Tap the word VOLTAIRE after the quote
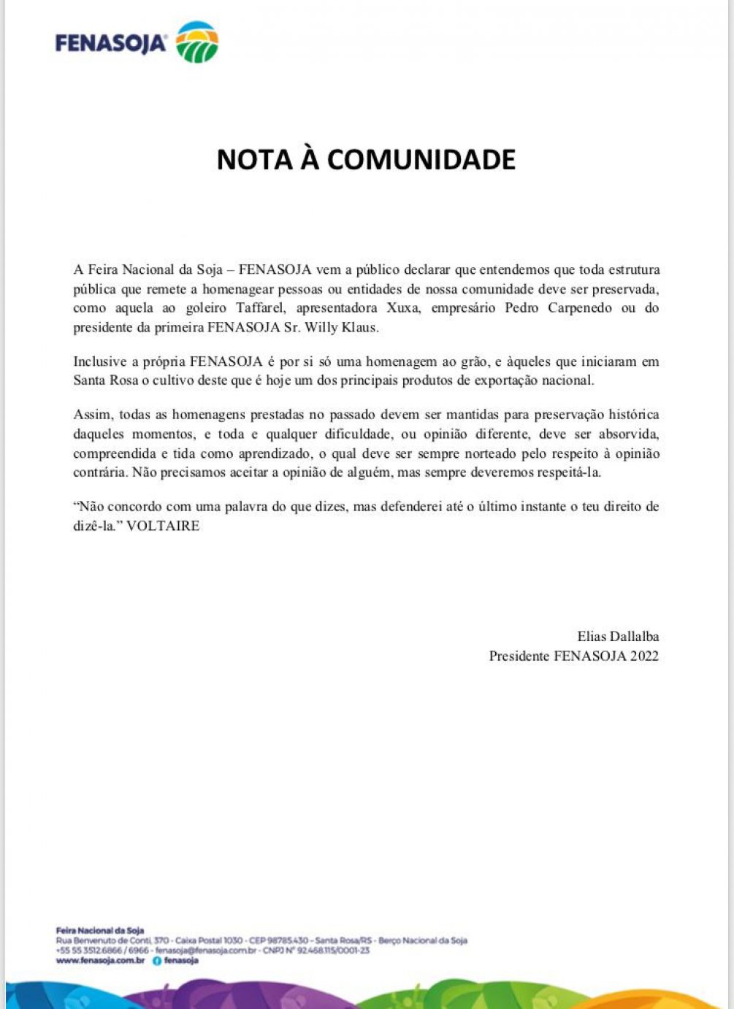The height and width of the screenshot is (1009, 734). click(163, 526)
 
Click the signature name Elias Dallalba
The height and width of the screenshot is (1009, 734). click(618, 637)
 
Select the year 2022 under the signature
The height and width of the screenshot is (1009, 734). click(644, 656)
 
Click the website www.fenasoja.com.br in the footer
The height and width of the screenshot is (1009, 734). click(100, 961)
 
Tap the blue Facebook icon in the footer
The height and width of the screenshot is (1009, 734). click(156, 961)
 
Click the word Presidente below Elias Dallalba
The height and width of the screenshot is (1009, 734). click(519, 656)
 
